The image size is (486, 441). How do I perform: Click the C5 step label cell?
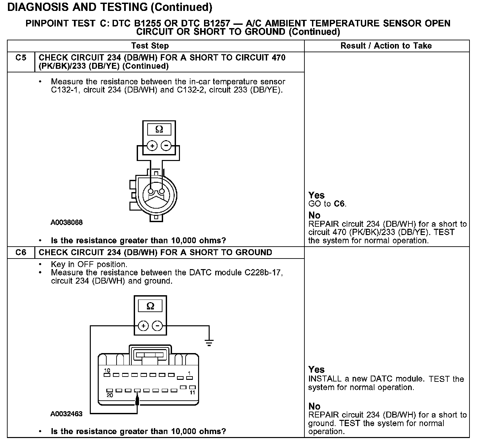20,58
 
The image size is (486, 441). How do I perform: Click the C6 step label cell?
20,253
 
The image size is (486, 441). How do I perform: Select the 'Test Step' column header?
150,46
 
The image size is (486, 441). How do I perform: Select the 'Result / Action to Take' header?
386,46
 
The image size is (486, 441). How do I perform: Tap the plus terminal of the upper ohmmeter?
152,145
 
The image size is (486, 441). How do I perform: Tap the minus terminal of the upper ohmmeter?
166,145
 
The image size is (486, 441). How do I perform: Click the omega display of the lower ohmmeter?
150,306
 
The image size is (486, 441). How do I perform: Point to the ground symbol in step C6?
209,342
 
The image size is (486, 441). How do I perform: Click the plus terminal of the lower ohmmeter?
143,326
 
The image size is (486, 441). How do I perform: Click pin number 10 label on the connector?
107,370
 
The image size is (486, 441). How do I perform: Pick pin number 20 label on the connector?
110,395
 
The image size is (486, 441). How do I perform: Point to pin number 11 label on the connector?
192,393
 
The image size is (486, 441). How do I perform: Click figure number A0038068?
66,222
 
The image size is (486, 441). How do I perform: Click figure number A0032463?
66,414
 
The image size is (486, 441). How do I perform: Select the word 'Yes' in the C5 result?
316,195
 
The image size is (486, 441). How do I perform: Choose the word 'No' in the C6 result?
314,406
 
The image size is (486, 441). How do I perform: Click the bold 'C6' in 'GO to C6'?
339,204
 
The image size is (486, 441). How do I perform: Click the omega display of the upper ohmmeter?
159,130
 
